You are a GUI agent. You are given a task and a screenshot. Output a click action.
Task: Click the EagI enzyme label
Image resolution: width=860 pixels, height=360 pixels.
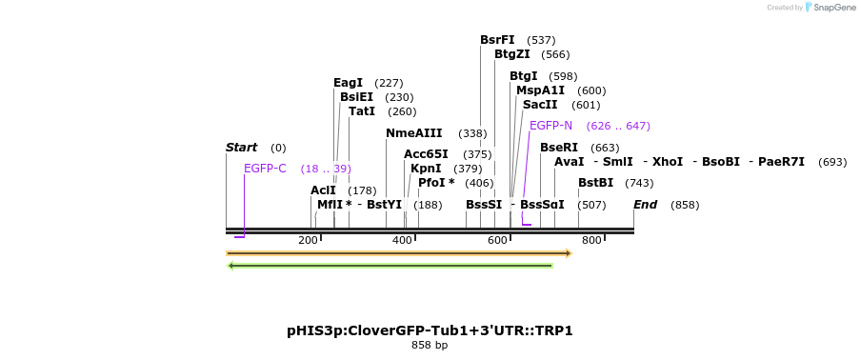348,83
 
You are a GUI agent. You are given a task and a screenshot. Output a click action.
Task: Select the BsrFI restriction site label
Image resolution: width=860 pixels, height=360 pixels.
497,40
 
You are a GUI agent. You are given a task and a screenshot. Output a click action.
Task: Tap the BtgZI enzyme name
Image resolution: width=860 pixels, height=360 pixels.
511,54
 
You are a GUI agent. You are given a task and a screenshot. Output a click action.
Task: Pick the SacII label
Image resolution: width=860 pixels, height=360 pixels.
540,105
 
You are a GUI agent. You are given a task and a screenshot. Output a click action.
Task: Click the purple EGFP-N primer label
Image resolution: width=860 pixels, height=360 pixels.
550,126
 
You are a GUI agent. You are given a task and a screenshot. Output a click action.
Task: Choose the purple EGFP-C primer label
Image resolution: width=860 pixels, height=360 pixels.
265,169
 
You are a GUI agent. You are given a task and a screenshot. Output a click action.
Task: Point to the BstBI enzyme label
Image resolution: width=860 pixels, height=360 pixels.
595,183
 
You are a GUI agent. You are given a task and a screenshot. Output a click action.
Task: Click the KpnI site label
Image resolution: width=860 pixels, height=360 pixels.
427,169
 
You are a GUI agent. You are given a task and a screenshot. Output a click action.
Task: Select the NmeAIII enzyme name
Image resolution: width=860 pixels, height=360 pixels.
413,133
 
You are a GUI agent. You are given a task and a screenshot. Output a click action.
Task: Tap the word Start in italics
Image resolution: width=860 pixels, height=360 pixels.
241,148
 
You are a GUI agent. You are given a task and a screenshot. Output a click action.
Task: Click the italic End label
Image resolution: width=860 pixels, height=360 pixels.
645,205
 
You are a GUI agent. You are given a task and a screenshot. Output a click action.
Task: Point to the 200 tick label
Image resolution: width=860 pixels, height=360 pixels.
308,240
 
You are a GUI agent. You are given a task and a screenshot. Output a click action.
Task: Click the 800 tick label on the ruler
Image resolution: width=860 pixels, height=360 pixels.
591,240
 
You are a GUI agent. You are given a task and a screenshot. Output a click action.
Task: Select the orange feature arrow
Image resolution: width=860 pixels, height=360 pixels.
398,253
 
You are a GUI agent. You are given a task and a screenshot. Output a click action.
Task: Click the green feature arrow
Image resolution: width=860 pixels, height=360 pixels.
390,266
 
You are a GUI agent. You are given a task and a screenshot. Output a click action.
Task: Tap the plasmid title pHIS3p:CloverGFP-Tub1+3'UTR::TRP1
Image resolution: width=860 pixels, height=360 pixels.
430,330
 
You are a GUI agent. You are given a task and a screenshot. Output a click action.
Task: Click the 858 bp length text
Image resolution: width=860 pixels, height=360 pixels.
430,345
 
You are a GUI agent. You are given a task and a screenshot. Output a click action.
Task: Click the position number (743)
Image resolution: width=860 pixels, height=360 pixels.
639,183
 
